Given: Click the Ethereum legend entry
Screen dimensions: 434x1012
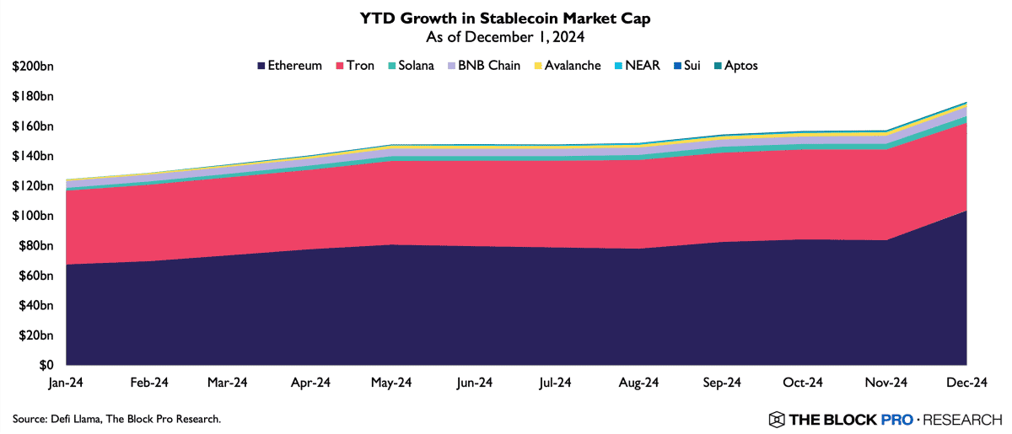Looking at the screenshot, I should coord(289,66).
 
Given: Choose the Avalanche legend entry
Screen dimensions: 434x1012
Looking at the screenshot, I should coord(566,66).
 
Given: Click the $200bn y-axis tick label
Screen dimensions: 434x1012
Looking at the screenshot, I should coord(33,67).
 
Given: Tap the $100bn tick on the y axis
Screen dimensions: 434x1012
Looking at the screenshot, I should coord(33,216).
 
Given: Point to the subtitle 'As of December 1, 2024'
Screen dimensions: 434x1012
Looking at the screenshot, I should coord(506,37).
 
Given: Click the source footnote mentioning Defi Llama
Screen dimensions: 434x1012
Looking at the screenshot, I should coord(116,419).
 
